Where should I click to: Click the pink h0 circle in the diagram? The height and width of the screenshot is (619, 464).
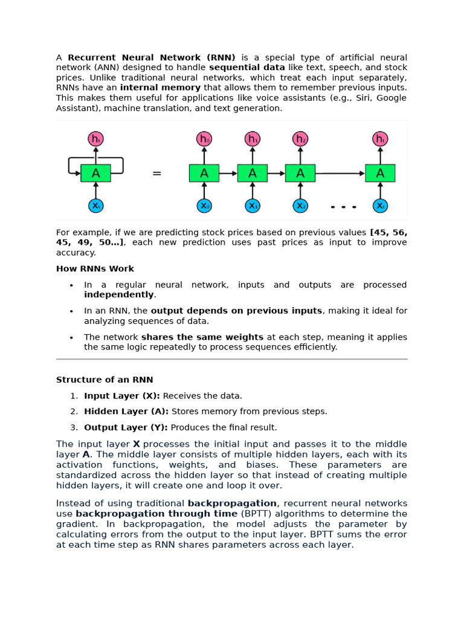(204, 139)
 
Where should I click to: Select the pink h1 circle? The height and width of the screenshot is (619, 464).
(253, 139)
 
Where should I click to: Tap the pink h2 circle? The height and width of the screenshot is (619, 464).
(300, 139)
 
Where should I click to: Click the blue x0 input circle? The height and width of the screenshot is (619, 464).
(204, 206)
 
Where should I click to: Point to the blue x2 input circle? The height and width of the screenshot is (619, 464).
(300, 206)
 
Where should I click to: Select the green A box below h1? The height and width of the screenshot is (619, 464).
(253, 173)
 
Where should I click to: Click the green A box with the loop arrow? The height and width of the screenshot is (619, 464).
(95, 173)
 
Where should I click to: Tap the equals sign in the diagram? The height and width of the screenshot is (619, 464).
(157, 174)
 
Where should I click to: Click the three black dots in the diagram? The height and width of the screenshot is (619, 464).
(343, 207)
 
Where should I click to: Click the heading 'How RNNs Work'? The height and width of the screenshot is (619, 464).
(95, 268)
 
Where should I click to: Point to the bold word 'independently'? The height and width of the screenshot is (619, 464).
(119, 294)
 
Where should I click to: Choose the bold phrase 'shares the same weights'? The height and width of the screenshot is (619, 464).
(202, 337)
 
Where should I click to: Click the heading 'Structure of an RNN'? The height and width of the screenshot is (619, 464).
(105, 380)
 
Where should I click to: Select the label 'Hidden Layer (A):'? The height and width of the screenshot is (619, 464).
(126, 411)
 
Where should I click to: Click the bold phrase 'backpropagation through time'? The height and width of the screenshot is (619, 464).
(156, 513)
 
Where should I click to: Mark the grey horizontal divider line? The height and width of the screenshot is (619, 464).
(232, 359)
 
